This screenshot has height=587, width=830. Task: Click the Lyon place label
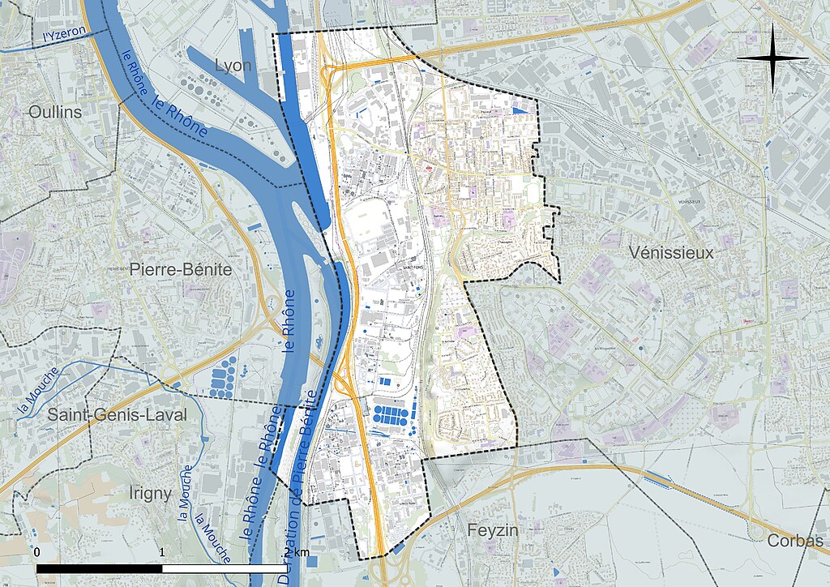234,65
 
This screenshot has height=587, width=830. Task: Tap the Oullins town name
55,112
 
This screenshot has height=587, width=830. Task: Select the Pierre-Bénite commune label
181,269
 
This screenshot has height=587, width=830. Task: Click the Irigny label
151,493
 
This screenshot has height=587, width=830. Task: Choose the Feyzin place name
492,530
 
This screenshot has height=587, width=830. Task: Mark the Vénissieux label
672,253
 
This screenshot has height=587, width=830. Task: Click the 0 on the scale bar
38,552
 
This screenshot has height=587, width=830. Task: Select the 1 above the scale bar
163,552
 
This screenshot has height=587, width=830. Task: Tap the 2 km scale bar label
296,552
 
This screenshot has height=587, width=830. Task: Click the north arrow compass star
773,58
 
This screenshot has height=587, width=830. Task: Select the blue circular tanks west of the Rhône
223,377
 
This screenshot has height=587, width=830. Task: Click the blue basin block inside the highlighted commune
391,418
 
